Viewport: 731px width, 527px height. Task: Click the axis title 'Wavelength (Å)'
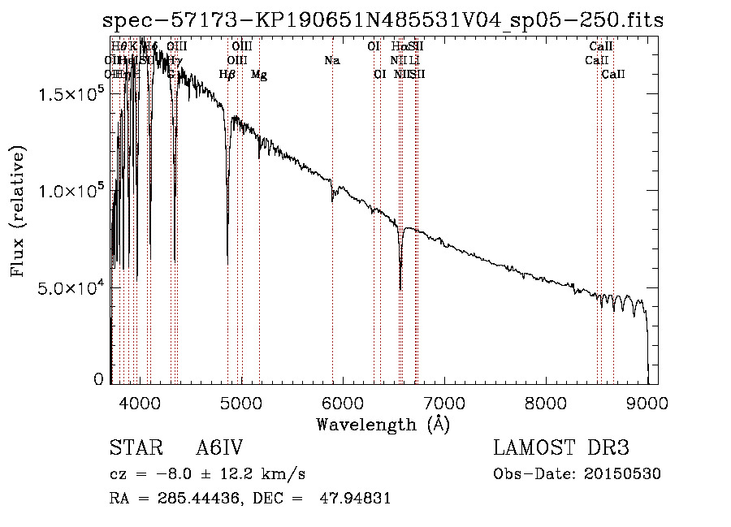383,424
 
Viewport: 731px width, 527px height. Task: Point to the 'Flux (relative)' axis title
18,211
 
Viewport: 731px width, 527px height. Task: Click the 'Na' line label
331,61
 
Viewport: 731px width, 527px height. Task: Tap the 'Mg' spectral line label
259,75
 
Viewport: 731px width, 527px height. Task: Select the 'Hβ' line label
227,75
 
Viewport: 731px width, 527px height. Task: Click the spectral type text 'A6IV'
220,448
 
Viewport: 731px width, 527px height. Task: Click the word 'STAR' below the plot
133,448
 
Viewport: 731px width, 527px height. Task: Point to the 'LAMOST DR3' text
561,448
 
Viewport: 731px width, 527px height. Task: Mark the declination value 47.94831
357,499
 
